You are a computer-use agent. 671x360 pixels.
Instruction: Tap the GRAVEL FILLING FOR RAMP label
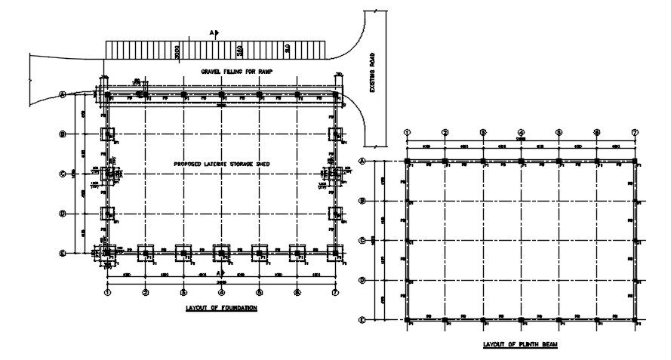coord(236,72)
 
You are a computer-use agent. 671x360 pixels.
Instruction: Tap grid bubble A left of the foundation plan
coord(63,94)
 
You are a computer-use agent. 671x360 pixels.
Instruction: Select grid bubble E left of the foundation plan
coord(63,253)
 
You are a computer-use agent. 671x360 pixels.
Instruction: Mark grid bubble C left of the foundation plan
coord(63,174)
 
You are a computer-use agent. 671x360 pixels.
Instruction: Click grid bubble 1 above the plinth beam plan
coord(407,133)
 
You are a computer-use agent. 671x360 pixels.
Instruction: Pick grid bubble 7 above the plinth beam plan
coord(635,133)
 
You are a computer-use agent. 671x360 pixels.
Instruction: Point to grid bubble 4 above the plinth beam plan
coord(521,133)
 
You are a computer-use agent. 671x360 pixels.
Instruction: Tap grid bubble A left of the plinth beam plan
coord(362,161)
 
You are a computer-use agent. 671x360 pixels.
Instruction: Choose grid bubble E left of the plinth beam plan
coord(362,320)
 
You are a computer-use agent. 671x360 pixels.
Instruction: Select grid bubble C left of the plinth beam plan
coord(362,241)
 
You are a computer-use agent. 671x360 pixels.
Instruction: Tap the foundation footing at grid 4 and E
coord(221,252)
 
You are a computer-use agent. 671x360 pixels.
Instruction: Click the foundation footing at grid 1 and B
coord(107,134)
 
